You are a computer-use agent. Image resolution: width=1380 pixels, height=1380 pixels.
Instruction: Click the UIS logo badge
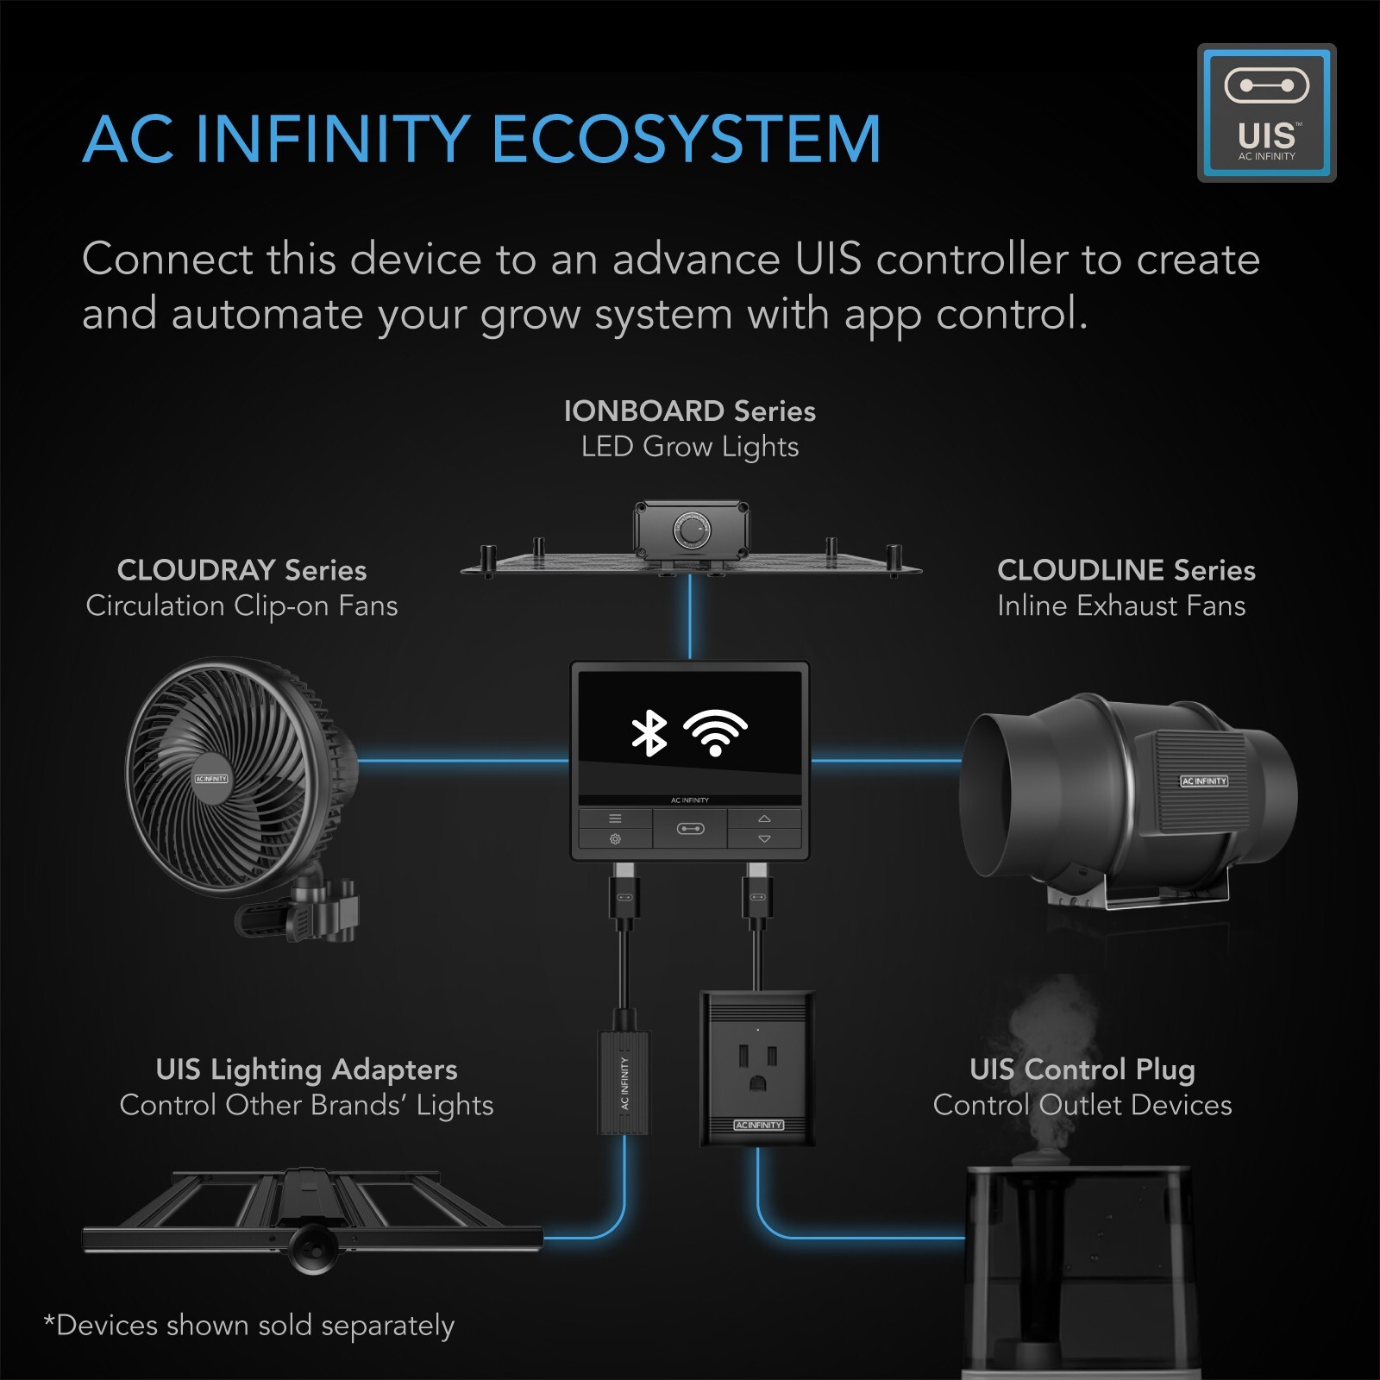click(1266, 113)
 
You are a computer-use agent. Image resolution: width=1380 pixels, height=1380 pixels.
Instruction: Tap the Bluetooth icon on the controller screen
click(649, 733)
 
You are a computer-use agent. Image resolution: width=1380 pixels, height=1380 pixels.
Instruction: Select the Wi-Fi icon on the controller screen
click(715, 733)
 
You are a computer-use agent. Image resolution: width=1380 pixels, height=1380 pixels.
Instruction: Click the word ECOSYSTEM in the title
click(687, 140)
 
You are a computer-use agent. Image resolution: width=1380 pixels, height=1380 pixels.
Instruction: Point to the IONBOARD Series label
click(689, 411)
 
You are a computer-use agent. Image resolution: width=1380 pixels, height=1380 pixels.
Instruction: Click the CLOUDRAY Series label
click(241, 570)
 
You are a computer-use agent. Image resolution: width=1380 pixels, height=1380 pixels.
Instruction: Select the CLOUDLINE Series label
click(1126, 570)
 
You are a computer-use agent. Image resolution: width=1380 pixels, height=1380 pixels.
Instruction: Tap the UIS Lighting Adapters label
click(306, 1069)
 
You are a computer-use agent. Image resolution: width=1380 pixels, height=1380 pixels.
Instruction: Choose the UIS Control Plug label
click(1082, 1069)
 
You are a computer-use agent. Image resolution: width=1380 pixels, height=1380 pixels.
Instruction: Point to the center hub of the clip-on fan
click(211, 779)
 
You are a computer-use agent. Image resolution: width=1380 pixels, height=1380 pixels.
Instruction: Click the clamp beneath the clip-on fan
click(323, 910)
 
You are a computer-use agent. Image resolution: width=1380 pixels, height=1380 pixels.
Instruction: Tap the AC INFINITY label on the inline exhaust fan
click(1203, 781)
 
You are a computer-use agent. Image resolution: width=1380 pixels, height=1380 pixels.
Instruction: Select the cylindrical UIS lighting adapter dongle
click(624, 1082)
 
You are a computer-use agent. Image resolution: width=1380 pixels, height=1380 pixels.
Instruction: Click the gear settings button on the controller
click(615, 839)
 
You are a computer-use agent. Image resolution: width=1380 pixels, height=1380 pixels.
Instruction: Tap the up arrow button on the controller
click(764, 819)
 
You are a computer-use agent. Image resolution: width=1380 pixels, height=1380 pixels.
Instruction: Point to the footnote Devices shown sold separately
click(250, 1326)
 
